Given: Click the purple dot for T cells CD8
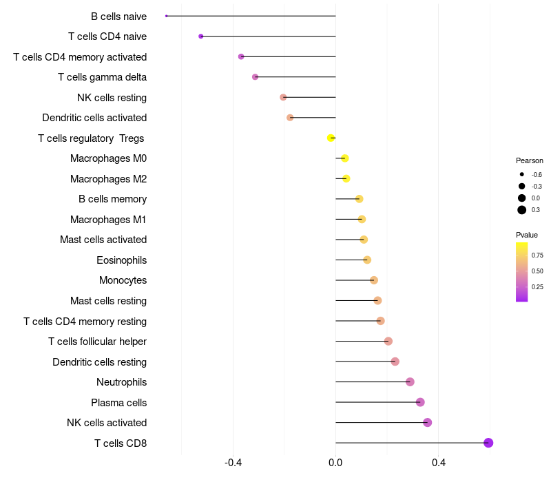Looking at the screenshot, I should pyautogui.click(x=488, y=443).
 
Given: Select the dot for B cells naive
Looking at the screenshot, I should pyautogui.click(x=167, y=16).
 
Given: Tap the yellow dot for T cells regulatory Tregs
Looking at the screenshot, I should pyautogui.click(x=331, y=138).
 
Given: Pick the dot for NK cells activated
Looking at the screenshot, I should pyautogui.click(x=427, y=423).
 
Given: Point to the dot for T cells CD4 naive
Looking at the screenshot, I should pyautogui.click(x=200, y=36).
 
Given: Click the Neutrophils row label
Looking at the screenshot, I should pyautogui.click(x=121, y=382).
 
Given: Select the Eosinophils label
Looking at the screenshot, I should pyautogui.click(x=121, y=260).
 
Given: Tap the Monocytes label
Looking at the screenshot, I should pyautogui.click(x=123, y=280).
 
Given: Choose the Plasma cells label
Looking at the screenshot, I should pyautogui.click(x=118, y=402).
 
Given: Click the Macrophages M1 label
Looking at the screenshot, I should pyautogui.click(x=108, y=220).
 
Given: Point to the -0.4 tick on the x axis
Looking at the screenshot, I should pyautogui.click(x=233, y=462).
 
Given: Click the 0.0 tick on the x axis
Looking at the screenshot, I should pyautogui.click(x=335, y=462).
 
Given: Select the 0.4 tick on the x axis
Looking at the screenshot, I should pyautogui.click(x=438, y=462).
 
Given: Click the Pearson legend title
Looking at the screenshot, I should pyautogui.click(x=529, y=160).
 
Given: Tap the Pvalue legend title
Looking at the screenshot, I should pyautogui.click(x=527, y=235).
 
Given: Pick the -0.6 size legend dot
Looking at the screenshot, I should pyautogui.click(x=522, y=174).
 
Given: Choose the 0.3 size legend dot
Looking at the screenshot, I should pyautogui.click(x=522, y=210).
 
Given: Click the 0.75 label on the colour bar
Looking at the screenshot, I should pyautogui.click(x=537, y=255).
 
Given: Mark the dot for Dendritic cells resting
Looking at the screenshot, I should pyautogui.click(x=395, y=361).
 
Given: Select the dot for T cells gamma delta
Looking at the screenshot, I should pyautogui.click(x=255, y=76).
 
